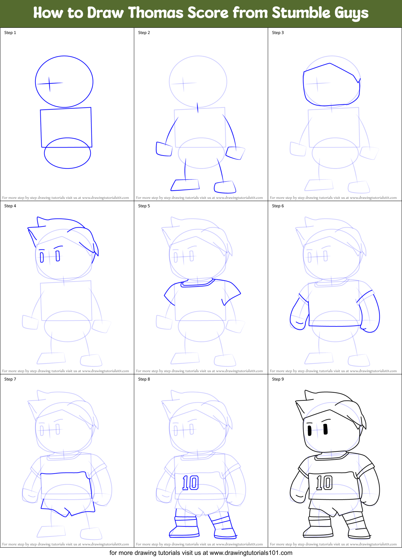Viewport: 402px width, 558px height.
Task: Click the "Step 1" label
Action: [10, 33]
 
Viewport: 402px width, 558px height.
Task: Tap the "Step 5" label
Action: [144, 206]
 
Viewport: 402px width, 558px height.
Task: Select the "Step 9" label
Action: [278, 379]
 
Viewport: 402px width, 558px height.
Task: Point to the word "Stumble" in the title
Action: [301, 13]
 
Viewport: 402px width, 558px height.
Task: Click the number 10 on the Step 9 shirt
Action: [324, 483]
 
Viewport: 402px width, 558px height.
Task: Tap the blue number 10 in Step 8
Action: [190, 483]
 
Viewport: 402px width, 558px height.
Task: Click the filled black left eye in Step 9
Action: [309, 431]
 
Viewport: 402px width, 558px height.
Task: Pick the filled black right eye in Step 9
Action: [325, 430]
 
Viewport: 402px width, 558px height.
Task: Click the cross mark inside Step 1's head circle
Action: [49, 83]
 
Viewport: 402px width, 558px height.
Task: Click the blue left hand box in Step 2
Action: [164, 149]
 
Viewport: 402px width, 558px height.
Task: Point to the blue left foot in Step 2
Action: [185, 185]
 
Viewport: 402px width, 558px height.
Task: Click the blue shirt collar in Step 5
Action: [197, 283]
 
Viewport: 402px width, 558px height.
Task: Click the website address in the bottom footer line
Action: [251, 553]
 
